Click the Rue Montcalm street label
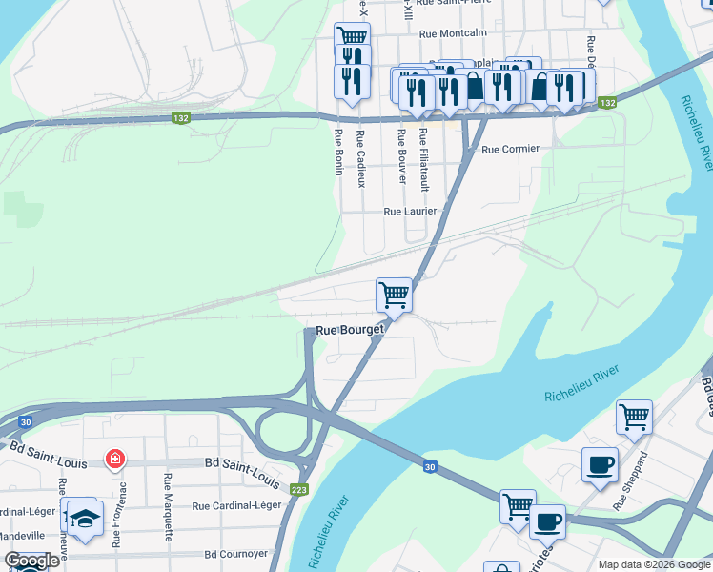click(x=454, y=33)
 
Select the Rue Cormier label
click(x=510, y=149)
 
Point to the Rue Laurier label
click(x=410, y=212)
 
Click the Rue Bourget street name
click(x=349, y=330)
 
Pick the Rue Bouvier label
click(x=402, y=156)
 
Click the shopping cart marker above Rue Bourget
click(x=394, y=294)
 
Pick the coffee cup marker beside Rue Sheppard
click(x=599, y=464)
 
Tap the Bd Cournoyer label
click(x=233, y=553)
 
